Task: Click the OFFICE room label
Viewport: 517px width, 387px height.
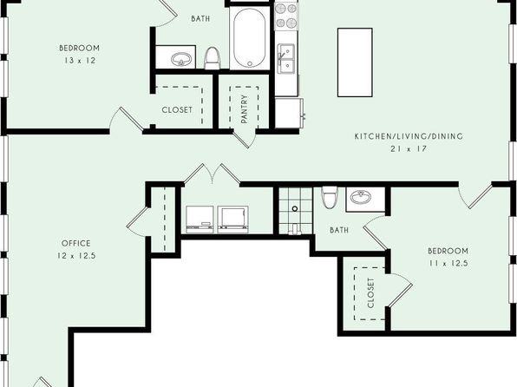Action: point(75,244)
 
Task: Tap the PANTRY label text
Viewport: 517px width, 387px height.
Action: point(244,109)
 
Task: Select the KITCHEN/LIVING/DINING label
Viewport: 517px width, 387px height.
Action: point(409,136)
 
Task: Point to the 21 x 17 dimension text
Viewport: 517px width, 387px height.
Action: point(409,148)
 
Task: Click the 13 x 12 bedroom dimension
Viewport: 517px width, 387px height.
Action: point(79,61)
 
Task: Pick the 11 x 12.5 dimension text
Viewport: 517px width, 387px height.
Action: point(448,264)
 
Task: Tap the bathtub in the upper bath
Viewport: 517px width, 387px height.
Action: point(250,38)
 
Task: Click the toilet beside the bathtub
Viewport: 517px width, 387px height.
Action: point(212,58)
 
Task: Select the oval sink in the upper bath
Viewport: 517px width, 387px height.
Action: point(181,59)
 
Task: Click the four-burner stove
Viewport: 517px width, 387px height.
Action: point(286,16)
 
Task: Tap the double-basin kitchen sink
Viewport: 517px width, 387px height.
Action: point(286,59)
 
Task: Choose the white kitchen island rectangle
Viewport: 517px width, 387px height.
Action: point(355,62)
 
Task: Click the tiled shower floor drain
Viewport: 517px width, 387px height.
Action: point(295,208)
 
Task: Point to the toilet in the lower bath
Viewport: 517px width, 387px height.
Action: point(330,197)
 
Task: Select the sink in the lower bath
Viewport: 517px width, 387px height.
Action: point(361,197)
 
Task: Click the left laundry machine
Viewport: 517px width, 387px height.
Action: point(200,220)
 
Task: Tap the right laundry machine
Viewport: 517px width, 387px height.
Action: point(233,220)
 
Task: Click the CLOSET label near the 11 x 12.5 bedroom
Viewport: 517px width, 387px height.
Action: point(371,293)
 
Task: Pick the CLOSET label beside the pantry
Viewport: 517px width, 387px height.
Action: point(177,110)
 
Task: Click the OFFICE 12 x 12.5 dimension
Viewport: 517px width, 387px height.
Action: point(76,256)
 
